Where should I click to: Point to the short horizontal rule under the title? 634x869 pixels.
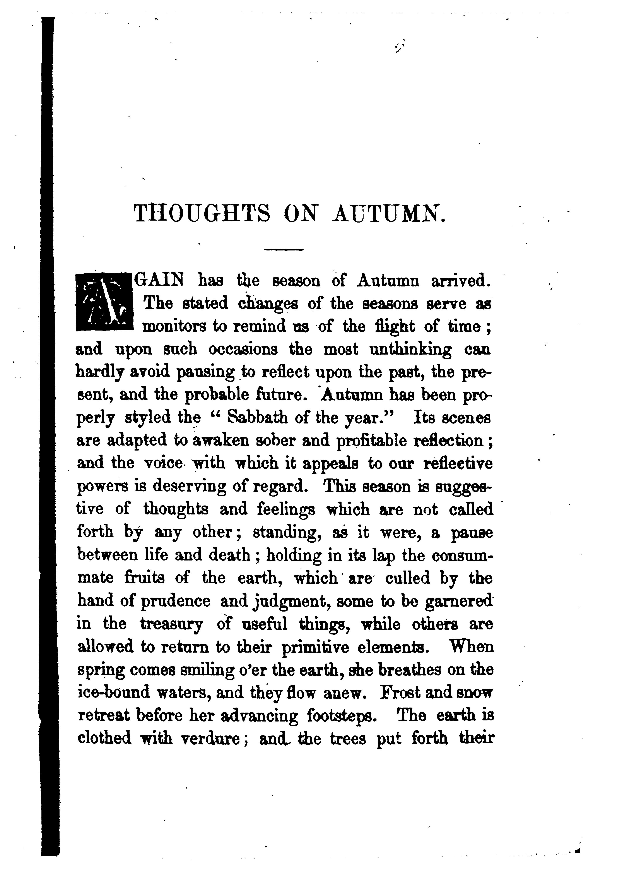click(x=284, y=250)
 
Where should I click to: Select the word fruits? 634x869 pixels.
click(x=144, y=578)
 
